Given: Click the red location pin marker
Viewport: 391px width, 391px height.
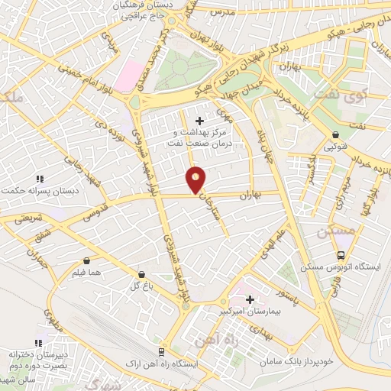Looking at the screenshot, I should pyautogui.click(x=196, y=179).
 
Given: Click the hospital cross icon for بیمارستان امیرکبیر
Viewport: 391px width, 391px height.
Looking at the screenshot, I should pyautogui.click(x=250, y=300).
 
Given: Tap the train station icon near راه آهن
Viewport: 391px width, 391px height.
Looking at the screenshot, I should pyautogui.click(x=161, y=352).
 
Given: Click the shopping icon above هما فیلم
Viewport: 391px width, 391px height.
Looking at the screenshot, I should pyautogui.click(x=86, y=260).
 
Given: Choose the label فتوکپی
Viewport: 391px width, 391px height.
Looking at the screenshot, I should pyautogui.click(x=332, y=146).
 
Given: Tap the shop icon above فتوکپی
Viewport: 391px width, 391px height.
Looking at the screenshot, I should pyautogui.click(x=332, y=133).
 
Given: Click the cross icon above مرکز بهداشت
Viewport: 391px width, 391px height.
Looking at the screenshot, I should pyautogui.click(x=199, y=121).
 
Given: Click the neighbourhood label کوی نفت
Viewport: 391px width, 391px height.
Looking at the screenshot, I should pyautogui.click(x=360, y=97).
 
